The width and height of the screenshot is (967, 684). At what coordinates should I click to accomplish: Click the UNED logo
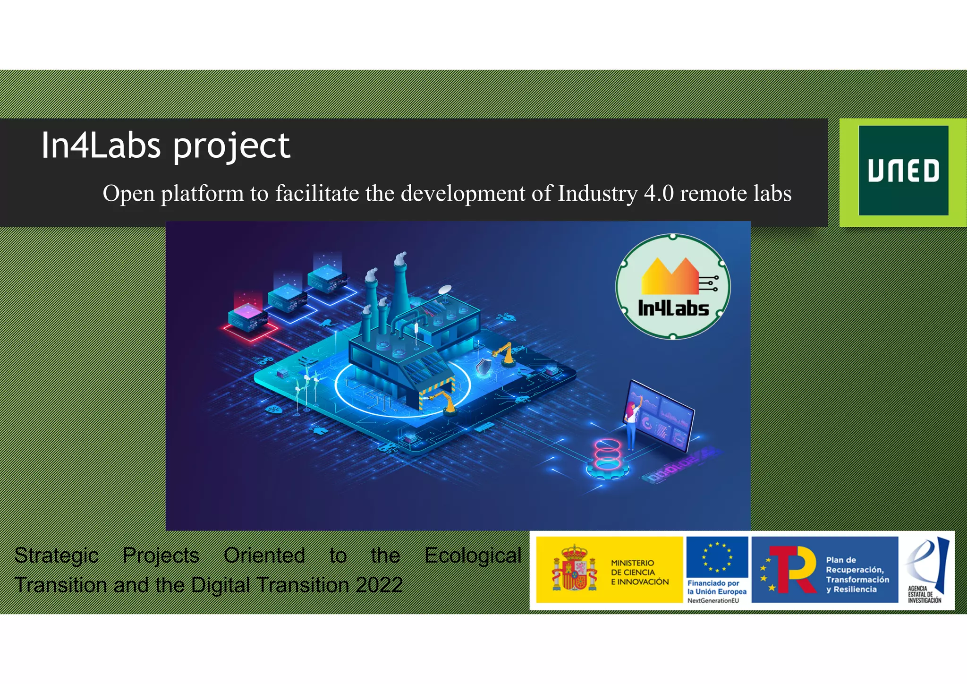click(903, 171)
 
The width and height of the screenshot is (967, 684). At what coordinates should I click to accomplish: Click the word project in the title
click(231, 147)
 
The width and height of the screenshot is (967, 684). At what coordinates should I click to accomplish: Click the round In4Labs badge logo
click(673, 286)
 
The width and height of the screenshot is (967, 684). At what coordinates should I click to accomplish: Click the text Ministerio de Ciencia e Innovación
click(639, 572)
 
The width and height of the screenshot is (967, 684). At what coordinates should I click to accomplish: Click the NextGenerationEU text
click(713, 601)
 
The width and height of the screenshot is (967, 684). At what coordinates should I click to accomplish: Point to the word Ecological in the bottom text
click(472, 556)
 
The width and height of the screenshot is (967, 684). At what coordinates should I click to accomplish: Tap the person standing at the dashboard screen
click(631, 423)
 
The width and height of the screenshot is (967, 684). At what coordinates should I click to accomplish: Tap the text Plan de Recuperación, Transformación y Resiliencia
click(857, 574)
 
